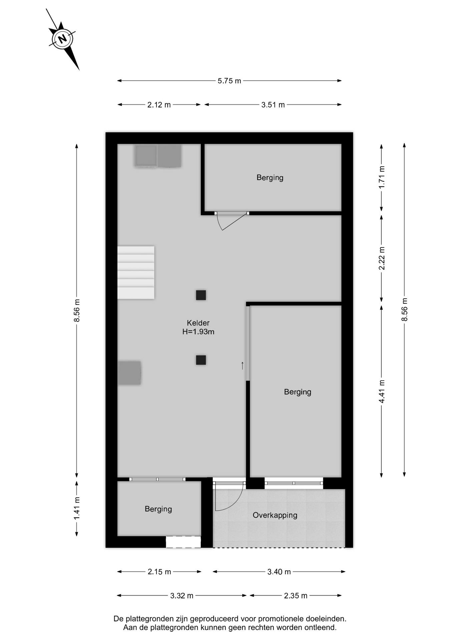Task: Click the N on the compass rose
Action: [62, 39]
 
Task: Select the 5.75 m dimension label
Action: [229, 81]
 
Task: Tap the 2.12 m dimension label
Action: [159, 105]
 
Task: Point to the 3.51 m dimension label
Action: [273, 105]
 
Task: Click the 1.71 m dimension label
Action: [382, 177]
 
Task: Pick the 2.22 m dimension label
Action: [382, 258]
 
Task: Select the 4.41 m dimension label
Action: [382, 391]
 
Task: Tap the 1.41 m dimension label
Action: [77, 508]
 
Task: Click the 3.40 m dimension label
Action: [279, 572]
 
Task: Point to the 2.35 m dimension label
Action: [296, 596]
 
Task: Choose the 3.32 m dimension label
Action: [182, 596]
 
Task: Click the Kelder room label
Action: [198, 323]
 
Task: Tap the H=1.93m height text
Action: [198, 332]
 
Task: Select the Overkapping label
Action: [275, 515]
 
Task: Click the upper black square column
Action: [201, 295]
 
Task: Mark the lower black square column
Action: [201, 360]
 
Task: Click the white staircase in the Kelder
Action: [136, 272]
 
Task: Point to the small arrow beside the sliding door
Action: [243, 366]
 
